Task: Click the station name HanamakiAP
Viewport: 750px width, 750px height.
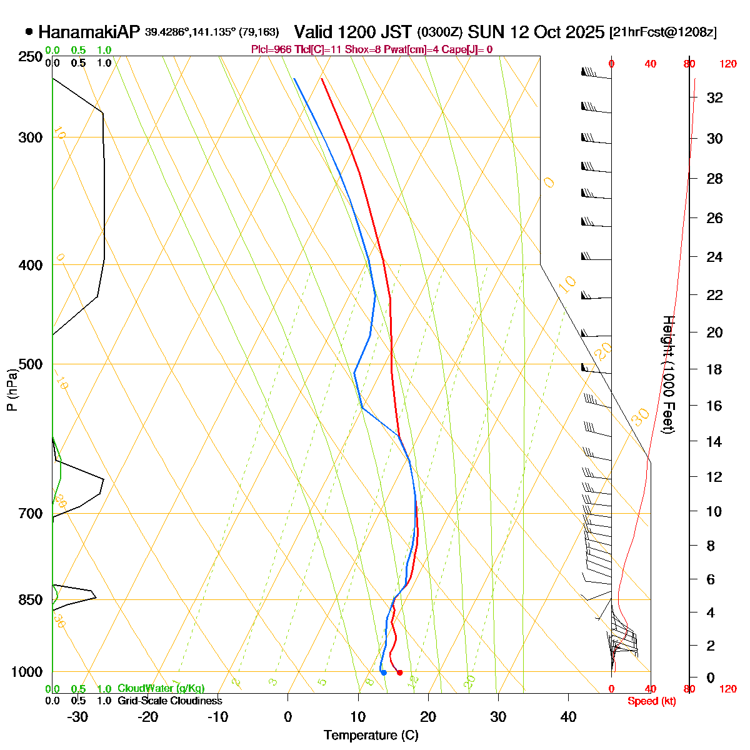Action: coord(89,32)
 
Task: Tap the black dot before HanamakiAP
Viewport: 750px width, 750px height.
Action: coord(29,32)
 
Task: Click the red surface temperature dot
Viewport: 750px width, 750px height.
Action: coord(399,672)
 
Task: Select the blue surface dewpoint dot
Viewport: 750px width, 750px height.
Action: coord(384,672)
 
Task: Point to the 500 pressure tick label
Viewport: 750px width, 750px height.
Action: coord(31,364)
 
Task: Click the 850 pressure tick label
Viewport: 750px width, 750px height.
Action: coord(31,600)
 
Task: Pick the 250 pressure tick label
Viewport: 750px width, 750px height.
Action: coord(31,57)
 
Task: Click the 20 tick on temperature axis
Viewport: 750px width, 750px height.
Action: coord(428,716)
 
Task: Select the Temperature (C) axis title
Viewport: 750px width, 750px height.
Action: coord(371,735)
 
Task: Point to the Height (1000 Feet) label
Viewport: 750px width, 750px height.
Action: coord(668,375)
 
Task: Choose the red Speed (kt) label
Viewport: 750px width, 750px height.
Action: coord(652,701)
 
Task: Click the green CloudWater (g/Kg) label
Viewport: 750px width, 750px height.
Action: coord(161,689)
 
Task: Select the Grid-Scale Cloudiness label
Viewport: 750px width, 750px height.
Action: coord(169,701)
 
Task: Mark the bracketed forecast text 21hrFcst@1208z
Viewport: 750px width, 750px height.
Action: coord(662,32)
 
